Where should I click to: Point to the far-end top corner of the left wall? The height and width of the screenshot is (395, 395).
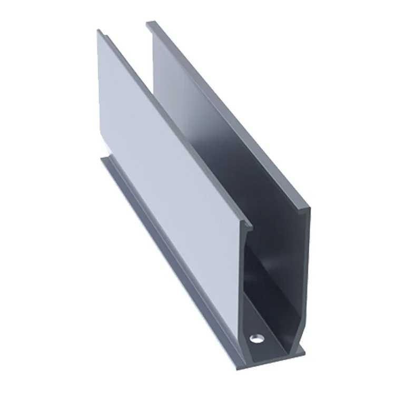click(x=100, y=31)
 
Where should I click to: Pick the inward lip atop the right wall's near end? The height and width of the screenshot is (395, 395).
click(x=305, y=211)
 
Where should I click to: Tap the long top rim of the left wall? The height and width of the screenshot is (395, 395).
click(x=169, y=126)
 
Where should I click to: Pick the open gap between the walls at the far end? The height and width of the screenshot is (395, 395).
click(x=126, y=32)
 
